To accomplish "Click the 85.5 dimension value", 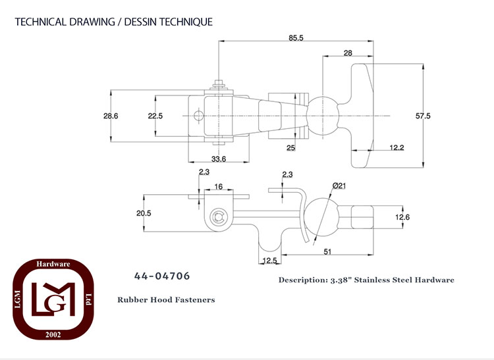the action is pyautogui.click(x=296, y=38).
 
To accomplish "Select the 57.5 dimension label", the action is pyautogui.click(x=423, y=116).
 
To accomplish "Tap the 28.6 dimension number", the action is pyautogui.click(x=111, y=116).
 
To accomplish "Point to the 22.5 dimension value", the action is pyautogui.click(x=155, y=116).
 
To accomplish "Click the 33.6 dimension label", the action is pyautogui.click(x=219, y=159).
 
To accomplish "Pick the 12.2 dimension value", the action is pyautogui.click(x=397, y=147).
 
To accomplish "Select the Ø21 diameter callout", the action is pyautogui.click(x=339, y=186).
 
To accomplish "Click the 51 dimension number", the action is pyautogui.click(x=327, y=251).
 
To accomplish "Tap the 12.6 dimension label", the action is pyautogui.click(x=402, y=217).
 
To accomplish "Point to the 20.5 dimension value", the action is pyautogui.click(x=144, y=213).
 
